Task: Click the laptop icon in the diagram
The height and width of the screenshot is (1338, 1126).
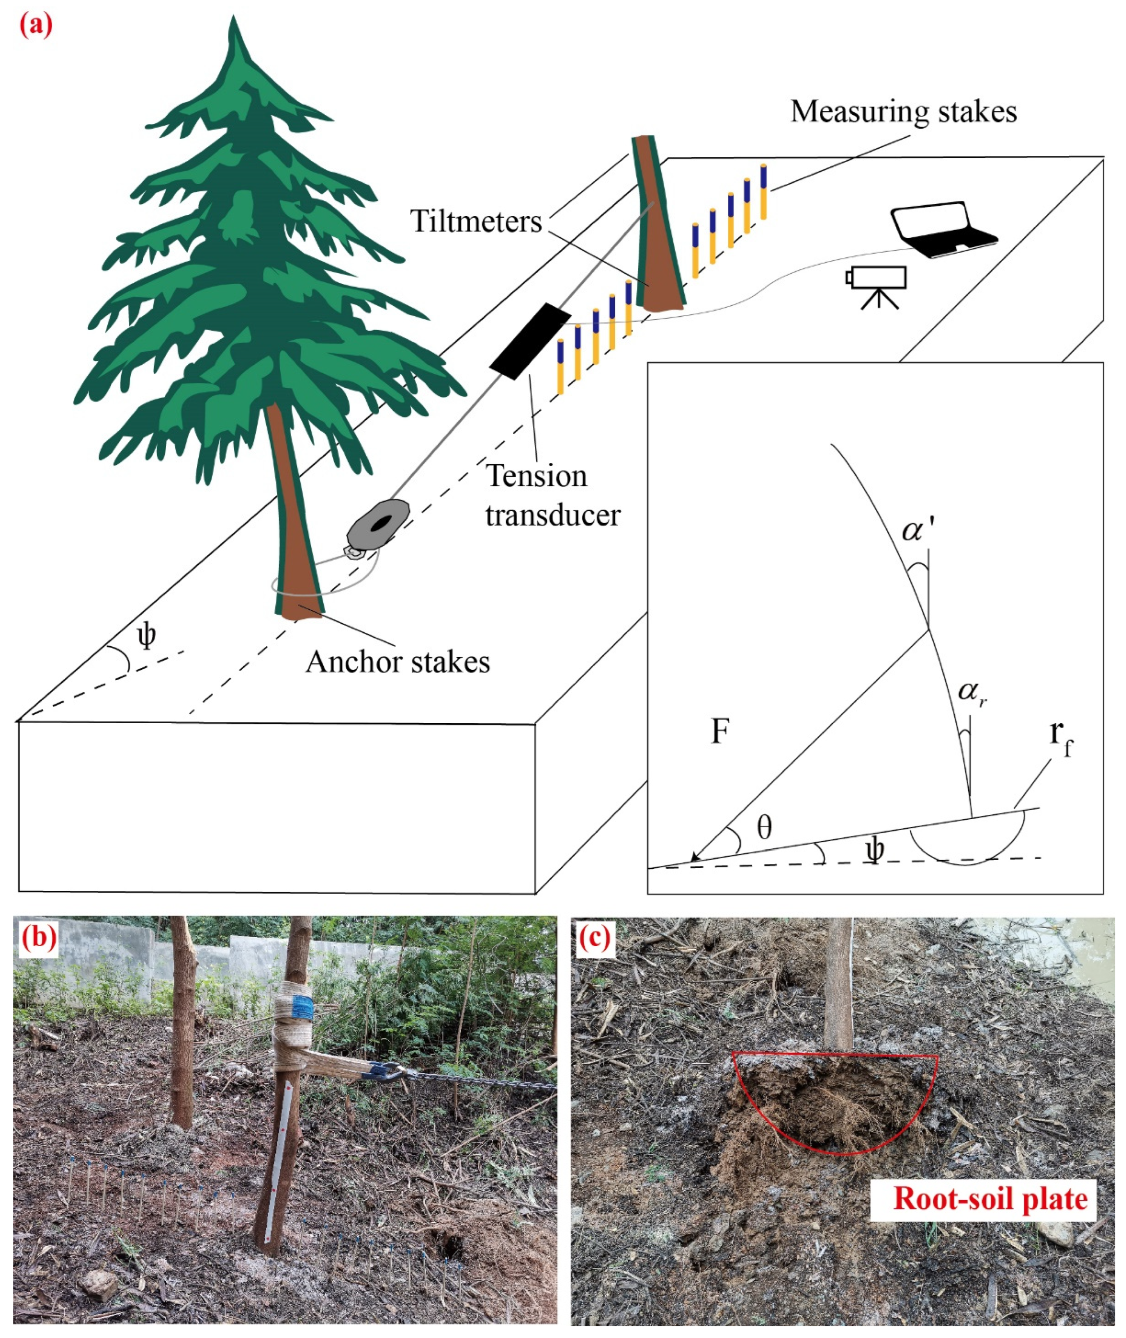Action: click(944, 230)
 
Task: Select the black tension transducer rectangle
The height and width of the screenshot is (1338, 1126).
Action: click(529, 341)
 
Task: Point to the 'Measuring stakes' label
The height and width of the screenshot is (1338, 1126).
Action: click(903, 112)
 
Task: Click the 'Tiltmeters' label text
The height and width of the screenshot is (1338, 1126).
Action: click(476, 222)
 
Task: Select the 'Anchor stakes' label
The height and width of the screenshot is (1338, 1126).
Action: click(398, 662)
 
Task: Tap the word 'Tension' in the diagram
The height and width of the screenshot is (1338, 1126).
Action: click(536, 476)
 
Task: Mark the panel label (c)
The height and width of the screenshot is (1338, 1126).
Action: click(594, 936)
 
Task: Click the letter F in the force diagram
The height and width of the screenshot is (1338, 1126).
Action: click(720, 732)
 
